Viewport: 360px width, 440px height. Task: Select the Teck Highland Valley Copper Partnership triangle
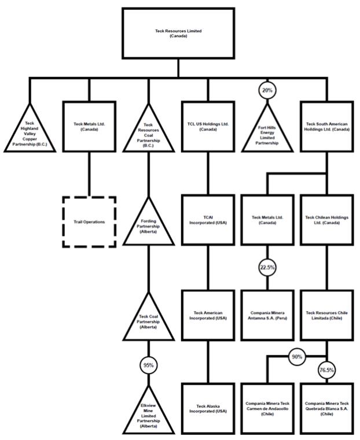pyautogui.click(x=30, y=135)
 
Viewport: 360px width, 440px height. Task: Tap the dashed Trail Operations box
pyautogui.click(x=89, y=221)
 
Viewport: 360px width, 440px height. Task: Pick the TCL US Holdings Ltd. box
pyautogui.click(x=207, y=126)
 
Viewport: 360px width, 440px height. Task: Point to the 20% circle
pyautogui.click(x=267, y=90)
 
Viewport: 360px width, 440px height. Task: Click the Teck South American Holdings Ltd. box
pyautogui.click(x=326, y=126)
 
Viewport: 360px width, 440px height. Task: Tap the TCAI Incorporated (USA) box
pyautogui.click(x=207, y=220)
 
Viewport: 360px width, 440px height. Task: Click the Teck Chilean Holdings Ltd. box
pyautogui.click(x=326, y=220)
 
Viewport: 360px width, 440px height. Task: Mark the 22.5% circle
pyautogui.click(x=267, y=267)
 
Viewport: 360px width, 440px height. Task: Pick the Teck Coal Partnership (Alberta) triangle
pyautogui.click(x=148, y=320)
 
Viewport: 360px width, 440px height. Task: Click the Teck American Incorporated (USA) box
pyautogui.click(x=207, y=315)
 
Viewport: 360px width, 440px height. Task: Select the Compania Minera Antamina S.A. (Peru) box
pyautogui.click(x=267, y=315)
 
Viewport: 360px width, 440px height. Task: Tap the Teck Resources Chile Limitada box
pyautogui.click(x=326, y=315)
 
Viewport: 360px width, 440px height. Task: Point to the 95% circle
pyautogui.click(x=148, y=365)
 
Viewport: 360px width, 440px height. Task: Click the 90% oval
pyautogui.click(x=297, y=357)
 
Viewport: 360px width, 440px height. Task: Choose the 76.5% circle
pyautogui.click(x=326, y=369)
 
